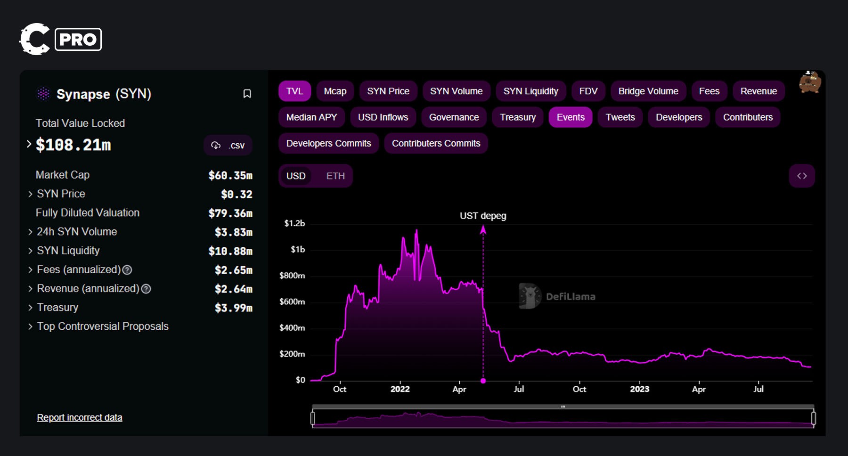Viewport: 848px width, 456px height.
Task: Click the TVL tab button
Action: tap(294, 91)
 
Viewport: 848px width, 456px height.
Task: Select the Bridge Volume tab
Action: tap(648, 91)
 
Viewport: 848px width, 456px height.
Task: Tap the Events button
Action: tap(570, 117)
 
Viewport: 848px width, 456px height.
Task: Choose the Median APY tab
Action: tap(311, 117)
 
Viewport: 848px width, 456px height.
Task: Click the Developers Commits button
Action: tap(328, 143)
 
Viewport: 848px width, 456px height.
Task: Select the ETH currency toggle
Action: tap(335, 176)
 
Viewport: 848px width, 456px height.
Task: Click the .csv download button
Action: tap(228, 145)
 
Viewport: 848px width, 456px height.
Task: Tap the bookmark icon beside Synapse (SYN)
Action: tap(247, 94)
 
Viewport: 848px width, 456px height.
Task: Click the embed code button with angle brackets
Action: tap(801, 176)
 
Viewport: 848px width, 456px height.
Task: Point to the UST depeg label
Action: tap(483, 216)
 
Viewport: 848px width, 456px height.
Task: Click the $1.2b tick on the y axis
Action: tap(294, 223)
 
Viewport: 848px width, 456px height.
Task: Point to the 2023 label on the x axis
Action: tap(639, 389)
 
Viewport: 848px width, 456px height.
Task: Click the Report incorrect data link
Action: tap(80, 417)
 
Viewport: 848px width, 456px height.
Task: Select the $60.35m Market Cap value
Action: tap(230, 175)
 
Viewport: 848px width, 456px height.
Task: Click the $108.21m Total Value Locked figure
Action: tap(73, 145)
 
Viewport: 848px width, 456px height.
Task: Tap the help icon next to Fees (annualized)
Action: tap(127, 270)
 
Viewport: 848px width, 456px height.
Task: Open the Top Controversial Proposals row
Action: tap(102, 326)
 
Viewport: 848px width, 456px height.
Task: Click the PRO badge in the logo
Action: tap(78, 40)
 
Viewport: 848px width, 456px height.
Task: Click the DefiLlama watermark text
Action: tap(570, 297)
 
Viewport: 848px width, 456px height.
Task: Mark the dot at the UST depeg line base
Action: tap(483, 381)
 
